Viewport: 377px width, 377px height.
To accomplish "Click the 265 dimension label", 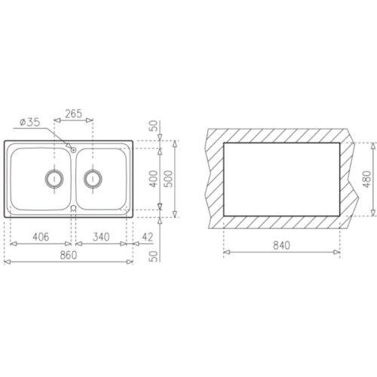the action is click(x=73, y=114).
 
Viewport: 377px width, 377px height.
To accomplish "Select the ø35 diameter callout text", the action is click(x=30, y=122).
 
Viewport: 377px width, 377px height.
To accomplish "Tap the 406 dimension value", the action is click(x=41, y=237).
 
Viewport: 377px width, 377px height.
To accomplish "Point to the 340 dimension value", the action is click(x=101, y=237).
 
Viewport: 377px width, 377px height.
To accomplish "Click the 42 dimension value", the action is click(x=147, y=237).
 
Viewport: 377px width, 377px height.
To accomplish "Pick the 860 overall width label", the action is click(x=69, y=255).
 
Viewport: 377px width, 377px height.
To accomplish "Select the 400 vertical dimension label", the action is click(x=154, y=179).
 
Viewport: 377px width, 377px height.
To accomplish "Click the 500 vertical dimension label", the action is click(x=168, y=179).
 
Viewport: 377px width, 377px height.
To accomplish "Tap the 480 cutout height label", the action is click(x=367, y=179).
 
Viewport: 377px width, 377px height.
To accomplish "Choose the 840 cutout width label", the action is click(x=281, y=245).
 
